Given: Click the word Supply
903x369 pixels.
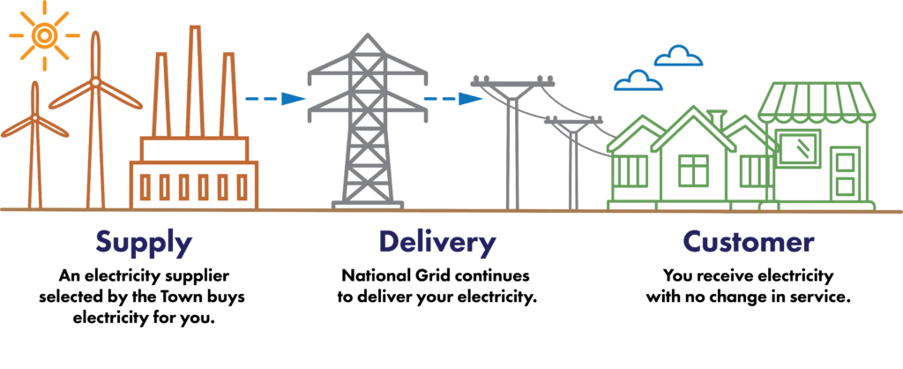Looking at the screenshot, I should coord(144,243).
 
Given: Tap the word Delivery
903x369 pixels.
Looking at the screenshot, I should coord(437,243).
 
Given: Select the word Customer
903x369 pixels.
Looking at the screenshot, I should coord(748,242).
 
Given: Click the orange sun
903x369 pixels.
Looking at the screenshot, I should coord(43,34).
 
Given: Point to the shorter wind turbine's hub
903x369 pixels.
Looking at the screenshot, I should coord(34,117).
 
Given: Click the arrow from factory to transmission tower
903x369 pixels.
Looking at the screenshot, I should coord(274,98).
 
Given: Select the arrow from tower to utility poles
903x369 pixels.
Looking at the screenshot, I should coord(453,98).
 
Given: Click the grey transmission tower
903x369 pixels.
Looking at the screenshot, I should coord(368,124).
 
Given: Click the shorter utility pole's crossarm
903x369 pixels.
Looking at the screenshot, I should coord(573,123).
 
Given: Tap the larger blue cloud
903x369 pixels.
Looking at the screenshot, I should coord(678,57).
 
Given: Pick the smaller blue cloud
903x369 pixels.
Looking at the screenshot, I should coord(638,82).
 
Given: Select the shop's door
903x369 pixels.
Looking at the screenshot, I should coord(846,173).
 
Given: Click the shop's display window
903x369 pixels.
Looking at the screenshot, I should coord(799,147).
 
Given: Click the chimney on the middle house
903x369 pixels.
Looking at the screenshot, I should coord(718,119).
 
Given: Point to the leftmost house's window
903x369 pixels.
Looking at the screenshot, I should coord(631,171).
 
